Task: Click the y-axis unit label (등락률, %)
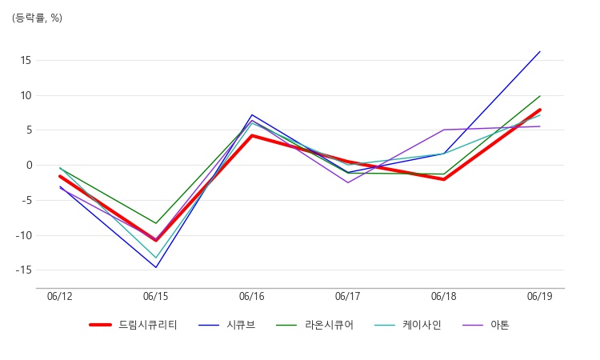[x=37, y=18]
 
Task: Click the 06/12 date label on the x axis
[x=60, y=297]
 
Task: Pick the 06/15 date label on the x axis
[x=156, y=297]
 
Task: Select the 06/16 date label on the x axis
[x=252, y=297]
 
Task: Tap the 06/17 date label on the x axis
[x=348, y=297]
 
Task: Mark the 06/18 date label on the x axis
[x=444, y=297]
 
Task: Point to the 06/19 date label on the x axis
[x=540, y=297]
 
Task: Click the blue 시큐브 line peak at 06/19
[x=540, y=52]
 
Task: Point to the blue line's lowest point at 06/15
[x=156, y=267]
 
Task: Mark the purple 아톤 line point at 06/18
[x=444, y=130]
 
